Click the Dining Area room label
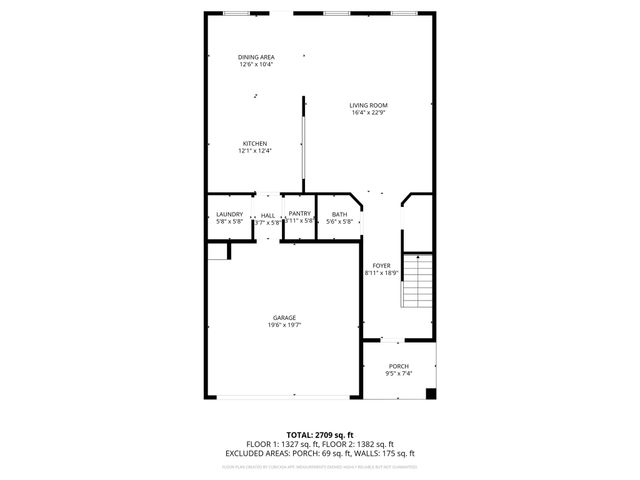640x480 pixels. coord(256,57)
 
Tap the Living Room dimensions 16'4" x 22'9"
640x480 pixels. coord(369,113)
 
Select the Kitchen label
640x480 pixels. coord(254,143)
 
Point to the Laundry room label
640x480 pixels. coord(229,214)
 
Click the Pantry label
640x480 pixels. coord(299,214)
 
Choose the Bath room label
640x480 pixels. coord(340,214)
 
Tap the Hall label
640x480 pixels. coord(267,214)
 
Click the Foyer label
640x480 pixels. coord(381,265)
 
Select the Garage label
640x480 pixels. coord(284,317)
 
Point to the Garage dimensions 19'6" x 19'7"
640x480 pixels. coord(284,325)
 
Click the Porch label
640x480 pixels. coord(399,366)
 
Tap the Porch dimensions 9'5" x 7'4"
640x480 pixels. coord(399,374)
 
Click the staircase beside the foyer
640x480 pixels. coord(416,282)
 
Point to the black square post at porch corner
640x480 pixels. coord(431,393)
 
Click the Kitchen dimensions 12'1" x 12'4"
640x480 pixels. coord(254,151)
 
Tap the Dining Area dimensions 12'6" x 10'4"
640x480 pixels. coord(256,65)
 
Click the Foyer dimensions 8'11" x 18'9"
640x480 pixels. coord(381,273)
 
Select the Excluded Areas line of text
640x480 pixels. coord(320,453)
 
